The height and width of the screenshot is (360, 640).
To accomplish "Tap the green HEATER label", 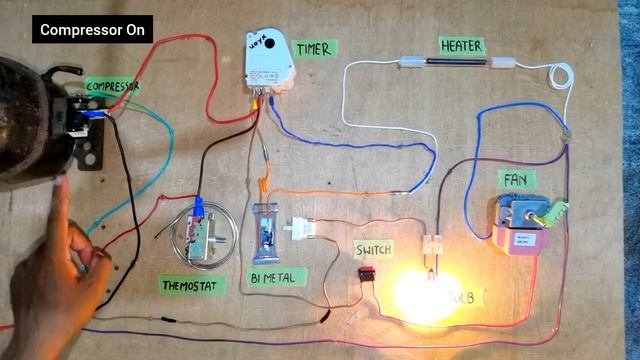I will coord(461,46).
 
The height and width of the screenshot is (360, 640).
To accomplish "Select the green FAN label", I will coord(514,181).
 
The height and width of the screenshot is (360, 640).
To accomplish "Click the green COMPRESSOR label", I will coord(112,87).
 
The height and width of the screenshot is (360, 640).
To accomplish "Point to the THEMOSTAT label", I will coord(193,286).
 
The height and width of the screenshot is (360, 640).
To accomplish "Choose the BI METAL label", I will coord(273,276).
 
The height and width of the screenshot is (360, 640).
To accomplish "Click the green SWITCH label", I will coord(372,249).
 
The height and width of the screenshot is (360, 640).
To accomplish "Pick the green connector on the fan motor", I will coord(554,212).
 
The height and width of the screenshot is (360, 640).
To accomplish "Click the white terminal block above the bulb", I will coord(432,244).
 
